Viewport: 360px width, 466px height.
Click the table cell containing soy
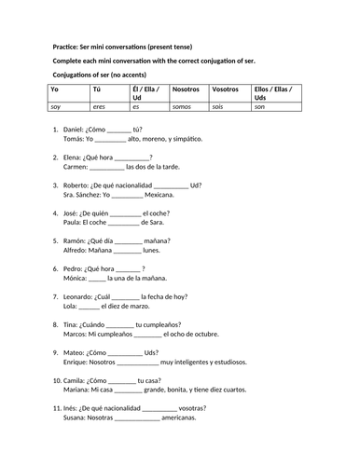pyautogui.click(x=55, y=108)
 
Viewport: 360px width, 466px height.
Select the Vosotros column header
pyautogui.click(x=227, y=89)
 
